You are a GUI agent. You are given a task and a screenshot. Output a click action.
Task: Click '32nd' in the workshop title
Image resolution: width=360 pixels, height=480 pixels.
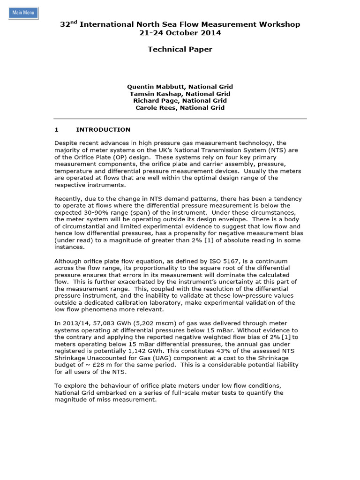[x=68, y=24]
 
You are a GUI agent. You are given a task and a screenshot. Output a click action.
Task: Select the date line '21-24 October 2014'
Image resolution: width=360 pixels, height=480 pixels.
[x=180, y=33]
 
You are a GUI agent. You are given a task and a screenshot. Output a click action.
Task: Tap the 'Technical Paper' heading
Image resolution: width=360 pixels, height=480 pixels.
[x=180, y=49]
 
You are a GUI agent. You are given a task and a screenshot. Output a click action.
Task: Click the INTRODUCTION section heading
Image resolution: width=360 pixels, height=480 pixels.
[x=103, y=129]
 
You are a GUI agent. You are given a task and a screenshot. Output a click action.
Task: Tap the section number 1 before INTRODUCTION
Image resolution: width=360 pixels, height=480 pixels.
[x=56, y=129]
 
